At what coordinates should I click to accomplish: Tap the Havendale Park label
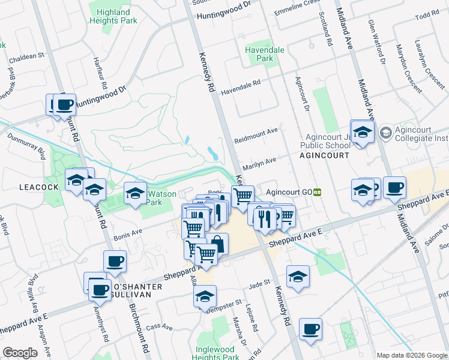coord(259,54)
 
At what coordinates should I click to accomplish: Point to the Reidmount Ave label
coord(257,132)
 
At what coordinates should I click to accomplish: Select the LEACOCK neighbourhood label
coord(38,187)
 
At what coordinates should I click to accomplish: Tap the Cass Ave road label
coord(159,327)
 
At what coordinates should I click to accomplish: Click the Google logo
coord(20,353)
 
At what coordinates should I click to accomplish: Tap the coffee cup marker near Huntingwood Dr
coord(64,105)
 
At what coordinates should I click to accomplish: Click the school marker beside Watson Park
coord(135,193)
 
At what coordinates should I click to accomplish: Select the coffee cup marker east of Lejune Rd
coord(310,329)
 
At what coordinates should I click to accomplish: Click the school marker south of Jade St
coord(298,277)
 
